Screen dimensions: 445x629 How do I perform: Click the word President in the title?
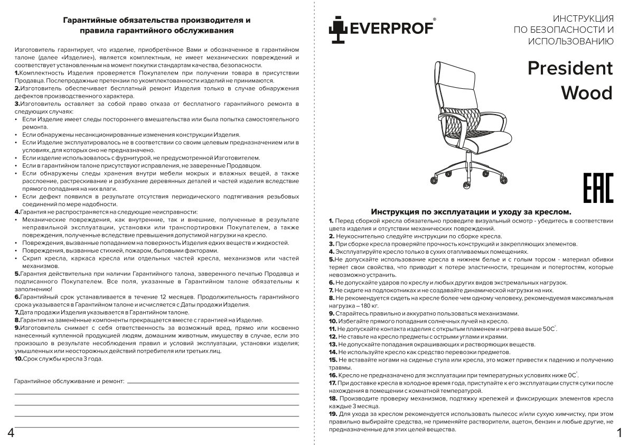pyautogui.click(x=570, y=68)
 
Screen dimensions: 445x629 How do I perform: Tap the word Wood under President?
pyautogui.click(x=586, y=92)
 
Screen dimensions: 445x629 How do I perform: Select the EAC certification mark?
pyautogui.click(x=598, y=188)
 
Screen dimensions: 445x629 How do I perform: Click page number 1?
pyautogui.click(x=618, y=433)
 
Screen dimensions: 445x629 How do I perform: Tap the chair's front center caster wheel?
pyautogui.click(x=467, y=185)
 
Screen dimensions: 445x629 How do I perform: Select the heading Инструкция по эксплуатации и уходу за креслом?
pyautogui.click(x=471, y=211)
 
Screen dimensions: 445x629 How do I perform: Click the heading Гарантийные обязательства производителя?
pyautogui.click(x=156, y=20)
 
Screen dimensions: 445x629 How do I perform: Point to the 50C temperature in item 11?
pyautogui.click(x=549, y=329)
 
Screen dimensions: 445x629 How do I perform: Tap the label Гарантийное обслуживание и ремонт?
pyautogui.click(x=69, y=381)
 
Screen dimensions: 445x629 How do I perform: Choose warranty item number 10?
pyautogui.click(x=18, y=358)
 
